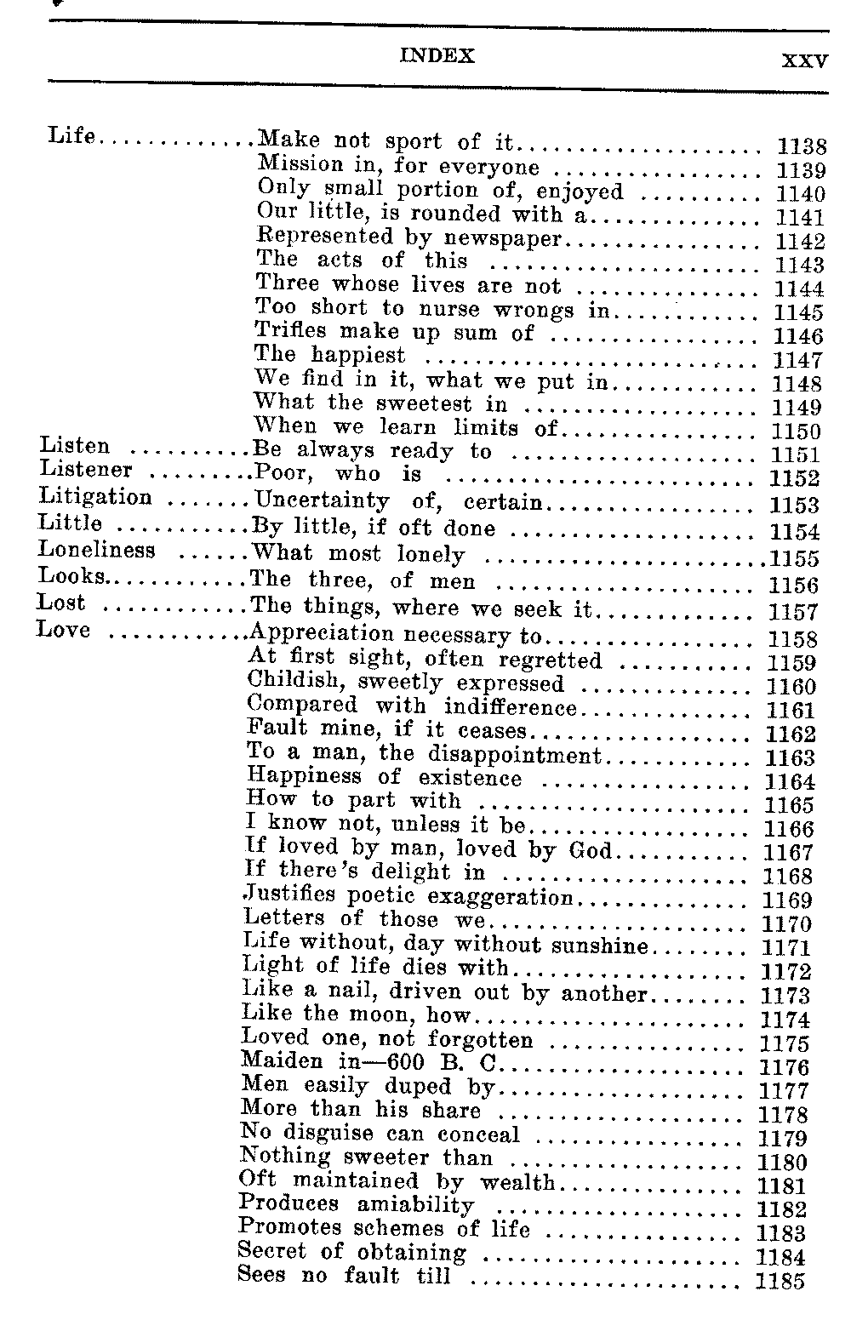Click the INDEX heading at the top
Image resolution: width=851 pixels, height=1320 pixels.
click(x=437, y=56)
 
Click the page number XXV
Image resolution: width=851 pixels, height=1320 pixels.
click(x=804, y=61)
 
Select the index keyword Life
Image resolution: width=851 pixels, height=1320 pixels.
click(x=71, y=135)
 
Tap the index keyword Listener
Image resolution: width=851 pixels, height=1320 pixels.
click(x=85, y=470)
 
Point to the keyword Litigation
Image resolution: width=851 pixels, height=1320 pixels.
click(x=95, y=497)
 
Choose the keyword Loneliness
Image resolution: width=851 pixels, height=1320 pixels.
click(x=97, y=550)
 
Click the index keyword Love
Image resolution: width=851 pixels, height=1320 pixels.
click(x=64, y=631)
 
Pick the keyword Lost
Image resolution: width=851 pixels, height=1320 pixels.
click(x=61, y=603)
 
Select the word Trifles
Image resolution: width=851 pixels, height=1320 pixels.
click(x=289, y=332)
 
